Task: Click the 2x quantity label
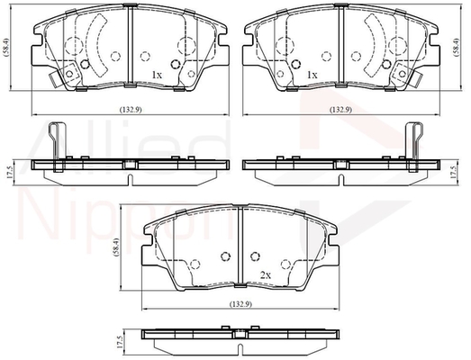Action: tap(266, 275)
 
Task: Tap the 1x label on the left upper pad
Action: tap(157, 75)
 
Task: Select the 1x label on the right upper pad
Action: tap(312, 75)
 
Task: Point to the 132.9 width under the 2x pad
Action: tap(240, 304)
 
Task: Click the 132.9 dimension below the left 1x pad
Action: tap(131, 110)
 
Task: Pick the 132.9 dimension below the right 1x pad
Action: tap(340, 110)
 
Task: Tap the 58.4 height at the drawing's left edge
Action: tap(5, 47)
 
